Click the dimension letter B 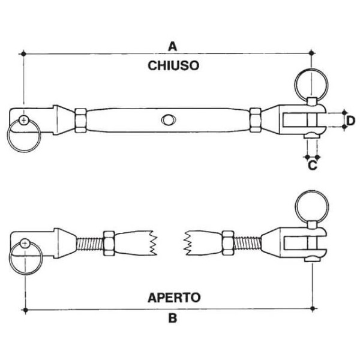click(172, 319)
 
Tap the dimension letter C click(312, 166)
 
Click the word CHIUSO click(173, 66)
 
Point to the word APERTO click(173, 297)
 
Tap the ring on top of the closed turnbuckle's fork click(311, 82)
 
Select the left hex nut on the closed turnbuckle click(80, 119)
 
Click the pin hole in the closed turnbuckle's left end click(23, 121)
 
